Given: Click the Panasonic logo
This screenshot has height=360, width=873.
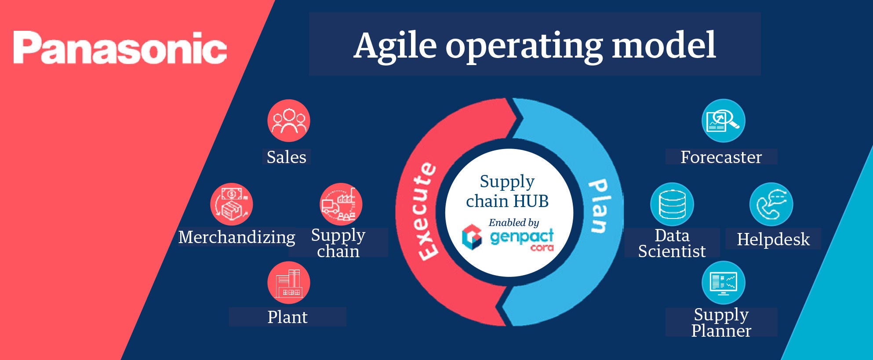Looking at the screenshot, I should click(x=120, y=48).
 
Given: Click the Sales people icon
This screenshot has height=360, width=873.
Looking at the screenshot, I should click(x=289, y=121).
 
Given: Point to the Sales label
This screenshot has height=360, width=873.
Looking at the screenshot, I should click(x=287, y=157).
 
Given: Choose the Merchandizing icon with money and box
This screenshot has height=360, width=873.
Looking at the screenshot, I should click(x=232, y=204).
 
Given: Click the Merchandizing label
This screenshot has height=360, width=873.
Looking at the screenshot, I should click(x=236, y=237).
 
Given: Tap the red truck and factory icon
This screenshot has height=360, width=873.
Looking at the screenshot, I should click(x=341, y=204).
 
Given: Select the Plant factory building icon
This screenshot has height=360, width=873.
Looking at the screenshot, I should click(x=289, y=283).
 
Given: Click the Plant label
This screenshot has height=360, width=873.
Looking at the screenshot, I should click(x=287, y=317).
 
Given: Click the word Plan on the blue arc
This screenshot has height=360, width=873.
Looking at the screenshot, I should click(x=599, y=205).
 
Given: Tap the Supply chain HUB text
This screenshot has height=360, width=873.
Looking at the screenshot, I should click(x=507, y=191).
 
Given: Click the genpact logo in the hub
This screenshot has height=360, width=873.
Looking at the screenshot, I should click(x=508, y=238).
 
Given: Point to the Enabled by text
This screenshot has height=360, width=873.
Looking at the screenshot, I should click(x=513, y=222).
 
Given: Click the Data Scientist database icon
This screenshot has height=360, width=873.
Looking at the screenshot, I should click(x=672, y=204).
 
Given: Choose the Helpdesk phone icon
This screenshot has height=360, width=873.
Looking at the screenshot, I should click(x=771, y=204).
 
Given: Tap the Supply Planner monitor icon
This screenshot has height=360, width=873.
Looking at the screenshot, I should click(x=723, y=283).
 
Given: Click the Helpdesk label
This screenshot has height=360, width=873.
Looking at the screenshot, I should click(x=773, y=240).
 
